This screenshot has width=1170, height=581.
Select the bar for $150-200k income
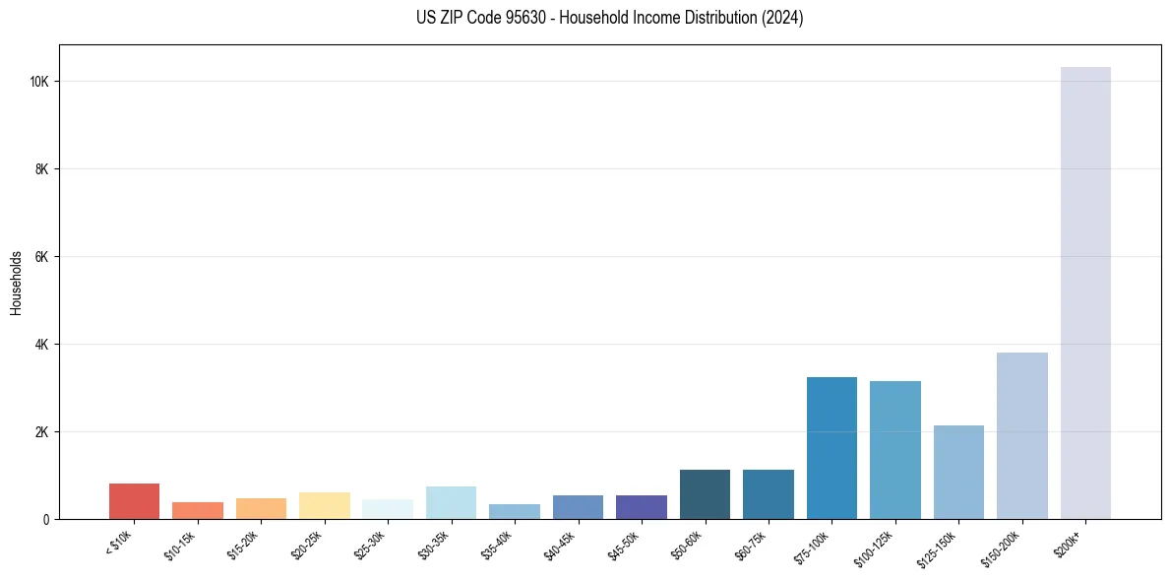click(x=1021, y=435)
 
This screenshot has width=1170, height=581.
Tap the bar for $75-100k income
click(x=831, y=448)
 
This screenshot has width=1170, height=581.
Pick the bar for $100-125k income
click(x=894, y=450)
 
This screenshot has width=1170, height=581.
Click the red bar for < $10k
click(x=134, y=501)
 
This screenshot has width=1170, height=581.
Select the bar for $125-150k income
click(x=958, y=472)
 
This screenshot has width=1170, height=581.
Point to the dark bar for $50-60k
click(x=705, y=494)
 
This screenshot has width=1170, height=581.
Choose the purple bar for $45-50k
click(x=642, y=507)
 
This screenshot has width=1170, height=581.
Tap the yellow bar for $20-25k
click(x=324, y=505)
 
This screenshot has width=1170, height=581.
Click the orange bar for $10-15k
click(x=198, y=510)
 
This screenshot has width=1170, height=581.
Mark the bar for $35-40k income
click(x=515, y=511)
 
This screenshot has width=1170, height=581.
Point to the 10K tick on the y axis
click(x=41, y=82)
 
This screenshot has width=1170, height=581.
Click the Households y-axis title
click(x=16, y=283)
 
